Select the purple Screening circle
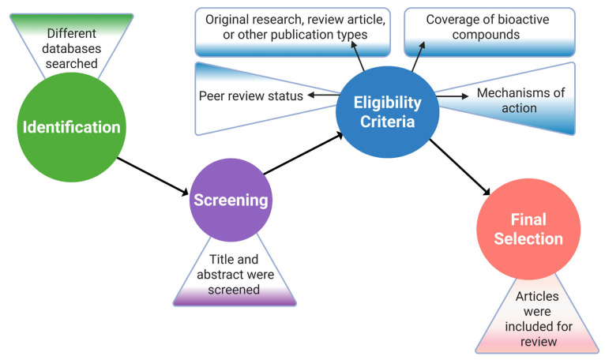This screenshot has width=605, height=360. point(231,200)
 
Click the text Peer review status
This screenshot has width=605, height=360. point(251,96)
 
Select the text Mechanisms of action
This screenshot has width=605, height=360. point(520,100)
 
